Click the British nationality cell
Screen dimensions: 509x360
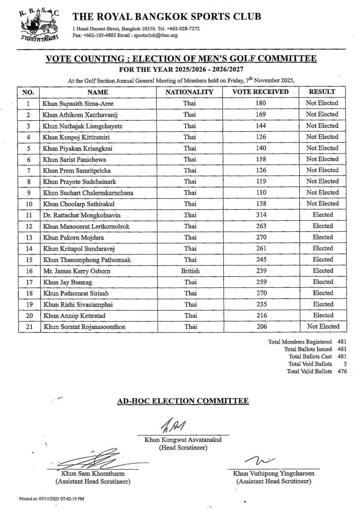coord(189,271)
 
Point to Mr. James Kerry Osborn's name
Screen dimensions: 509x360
coord(76,271)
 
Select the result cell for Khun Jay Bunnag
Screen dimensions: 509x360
coord(323,282)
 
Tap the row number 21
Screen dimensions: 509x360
coord(29,327)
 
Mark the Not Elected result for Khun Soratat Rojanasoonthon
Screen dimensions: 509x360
coord(323,327)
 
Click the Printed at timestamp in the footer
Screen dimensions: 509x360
coord(52,498)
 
